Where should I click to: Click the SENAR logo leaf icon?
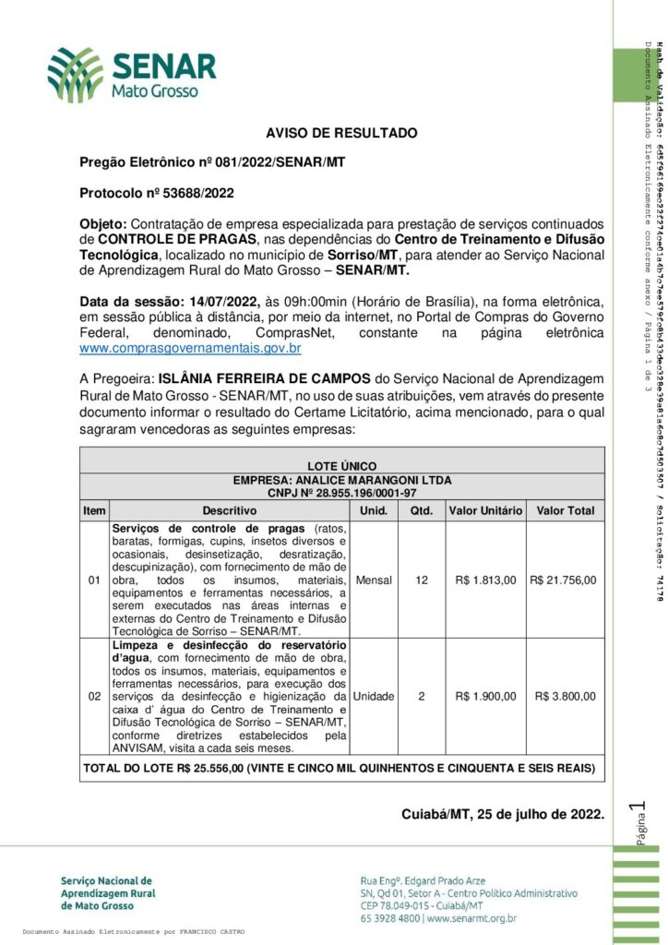(77, 76)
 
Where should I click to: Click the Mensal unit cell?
(374, 580)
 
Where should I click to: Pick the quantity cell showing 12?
(422, 580)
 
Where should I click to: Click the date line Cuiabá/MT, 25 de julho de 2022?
(502, 814)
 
